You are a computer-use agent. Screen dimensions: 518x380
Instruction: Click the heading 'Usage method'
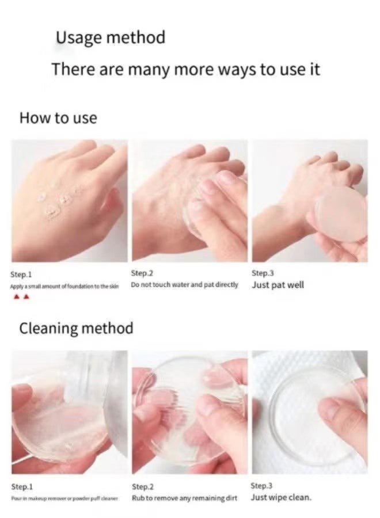coord(110,38)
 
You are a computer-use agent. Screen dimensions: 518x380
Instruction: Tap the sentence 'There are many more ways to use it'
coord(185,69)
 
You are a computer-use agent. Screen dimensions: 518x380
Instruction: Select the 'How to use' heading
coord(58,119)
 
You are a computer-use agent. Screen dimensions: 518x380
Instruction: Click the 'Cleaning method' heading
coord(76,329)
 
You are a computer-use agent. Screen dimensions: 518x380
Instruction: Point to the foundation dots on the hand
coord(58,199)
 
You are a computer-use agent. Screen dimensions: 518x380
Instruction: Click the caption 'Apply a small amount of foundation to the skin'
coord(64,286)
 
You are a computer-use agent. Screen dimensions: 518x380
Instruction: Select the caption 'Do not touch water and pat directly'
coord(184,285)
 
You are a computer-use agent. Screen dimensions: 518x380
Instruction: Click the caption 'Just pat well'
coord(278,285)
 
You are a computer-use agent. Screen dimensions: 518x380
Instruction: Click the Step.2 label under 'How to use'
coord(142,273)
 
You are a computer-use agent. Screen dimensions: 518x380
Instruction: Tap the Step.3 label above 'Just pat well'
coord(262,273)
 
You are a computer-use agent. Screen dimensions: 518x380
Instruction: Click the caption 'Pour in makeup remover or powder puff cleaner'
coord(63,497)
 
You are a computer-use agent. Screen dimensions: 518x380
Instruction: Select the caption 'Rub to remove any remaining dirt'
coord(184,497)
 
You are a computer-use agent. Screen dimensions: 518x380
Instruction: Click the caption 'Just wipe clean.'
coord(282,497)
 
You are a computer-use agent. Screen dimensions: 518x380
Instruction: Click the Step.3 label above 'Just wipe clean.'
coord(262,486)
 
